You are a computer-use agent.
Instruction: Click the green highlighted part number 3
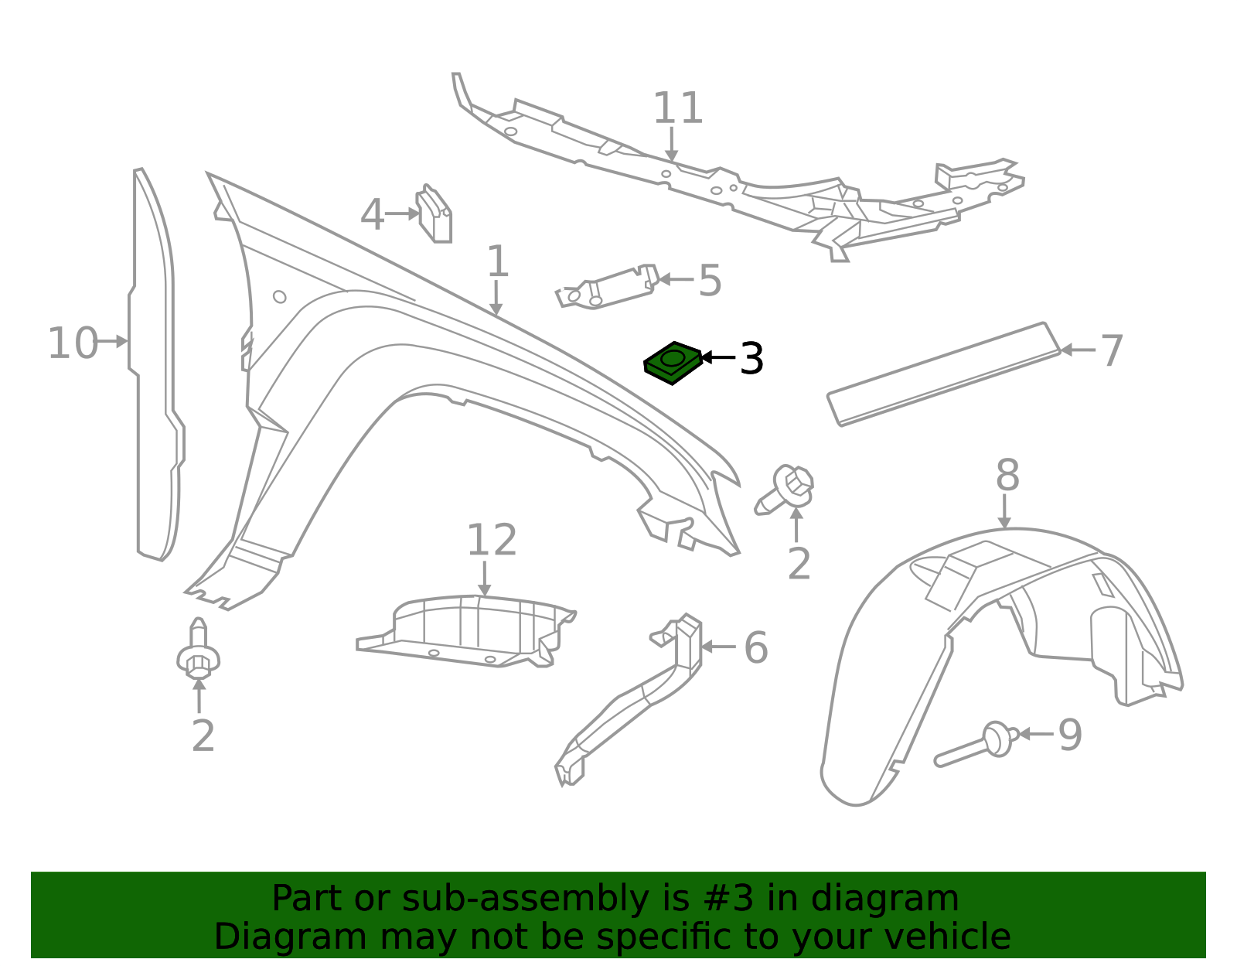coord(673,364)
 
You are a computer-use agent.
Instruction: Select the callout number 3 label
coord(751,359)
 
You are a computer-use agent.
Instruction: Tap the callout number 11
coord(677,108)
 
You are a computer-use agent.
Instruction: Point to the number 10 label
coord(73,343)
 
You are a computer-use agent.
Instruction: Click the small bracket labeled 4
coord(434,214)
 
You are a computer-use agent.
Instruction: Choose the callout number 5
coord(710,281)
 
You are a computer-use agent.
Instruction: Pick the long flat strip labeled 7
coord(944,374)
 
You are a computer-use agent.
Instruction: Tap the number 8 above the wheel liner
coord(1007,476)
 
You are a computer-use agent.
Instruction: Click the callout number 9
coord(1070,736)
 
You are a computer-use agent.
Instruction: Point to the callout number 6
coord(756,648)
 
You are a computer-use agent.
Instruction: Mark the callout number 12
coord(492,540)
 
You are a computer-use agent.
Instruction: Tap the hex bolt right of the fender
coord(785,490)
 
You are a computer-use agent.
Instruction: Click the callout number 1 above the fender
coord(498,262)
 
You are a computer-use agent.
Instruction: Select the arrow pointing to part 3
coord(718,357)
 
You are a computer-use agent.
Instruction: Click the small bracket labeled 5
coord(607,285)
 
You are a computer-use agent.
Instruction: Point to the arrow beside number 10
coord(113,342)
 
